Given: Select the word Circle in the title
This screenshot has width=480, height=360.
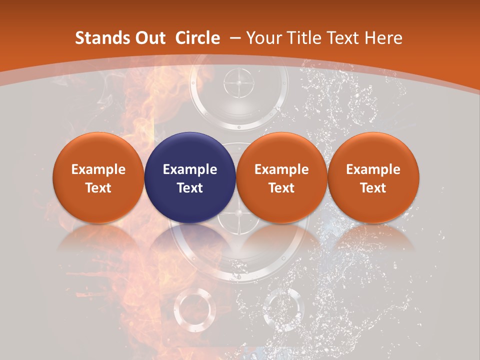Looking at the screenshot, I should [197, 38].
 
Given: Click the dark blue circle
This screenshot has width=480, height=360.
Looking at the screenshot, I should [190, 177].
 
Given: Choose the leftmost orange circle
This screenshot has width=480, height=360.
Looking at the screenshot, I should [98, 177].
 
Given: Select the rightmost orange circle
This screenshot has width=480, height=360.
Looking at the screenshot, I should [373, 177].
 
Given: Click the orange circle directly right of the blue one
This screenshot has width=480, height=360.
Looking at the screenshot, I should [281, 177].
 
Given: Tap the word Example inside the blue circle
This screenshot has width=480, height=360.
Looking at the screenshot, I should [190, 169].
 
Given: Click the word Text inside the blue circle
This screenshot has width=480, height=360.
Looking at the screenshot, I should [190, 188].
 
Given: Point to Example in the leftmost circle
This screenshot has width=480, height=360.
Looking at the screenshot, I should [98, 169].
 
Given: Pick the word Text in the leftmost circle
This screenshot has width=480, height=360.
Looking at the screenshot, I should [98, 188].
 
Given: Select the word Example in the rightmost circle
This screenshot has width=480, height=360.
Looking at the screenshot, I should [373, 169].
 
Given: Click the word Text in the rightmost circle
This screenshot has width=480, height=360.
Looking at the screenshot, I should [373, 188].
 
